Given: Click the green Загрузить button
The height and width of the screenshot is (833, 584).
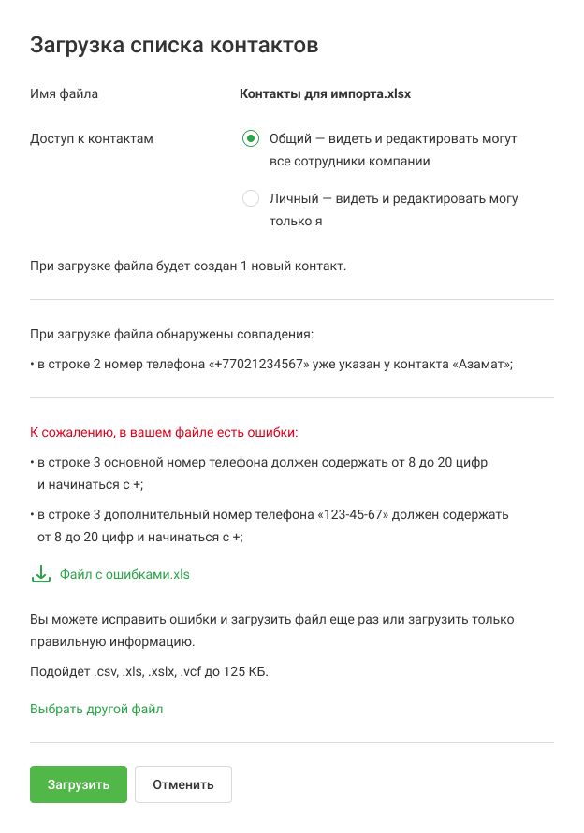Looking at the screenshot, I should point(78,784).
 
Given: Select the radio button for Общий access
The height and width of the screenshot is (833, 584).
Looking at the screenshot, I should point(250,138).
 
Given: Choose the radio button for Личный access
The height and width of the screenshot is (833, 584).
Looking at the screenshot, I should point(250,198).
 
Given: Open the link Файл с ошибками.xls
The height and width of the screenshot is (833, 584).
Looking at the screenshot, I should point(124,574).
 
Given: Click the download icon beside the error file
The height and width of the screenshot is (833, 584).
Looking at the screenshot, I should point(40,573).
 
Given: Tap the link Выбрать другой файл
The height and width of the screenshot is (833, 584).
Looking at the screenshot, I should point(96,709).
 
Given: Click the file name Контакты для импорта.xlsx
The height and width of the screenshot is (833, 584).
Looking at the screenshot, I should point(325,94).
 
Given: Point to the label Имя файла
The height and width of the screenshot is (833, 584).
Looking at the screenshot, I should point(64,94).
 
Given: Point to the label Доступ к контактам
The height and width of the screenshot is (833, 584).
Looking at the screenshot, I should point(92,139).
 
